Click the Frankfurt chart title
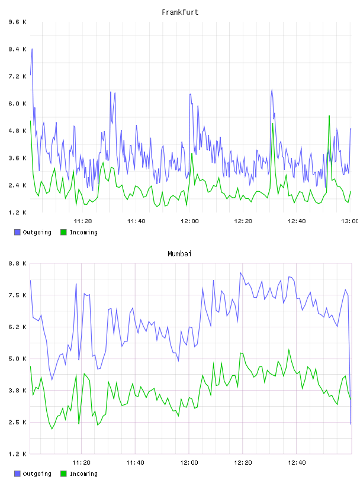pos(180,12)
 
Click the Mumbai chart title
pos(179,254)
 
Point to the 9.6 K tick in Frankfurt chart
pos(18,22)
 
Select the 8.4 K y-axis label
pos(18,49)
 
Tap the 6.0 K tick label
pos(18,104)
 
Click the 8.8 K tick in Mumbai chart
pos(18,263)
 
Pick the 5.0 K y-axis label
pos(18,359)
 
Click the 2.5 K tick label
pos(18,422)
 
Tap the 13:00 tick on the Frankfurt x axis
pos(350,221)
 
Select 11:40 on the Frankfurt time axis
pos(136,221)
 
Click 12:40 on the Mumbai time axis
pos(297,462)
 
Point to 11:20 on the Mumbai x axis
pos(81,462)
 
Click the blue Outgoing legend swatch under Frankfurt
pos(17,232)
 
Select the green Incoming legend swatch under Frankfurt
pos(63,232)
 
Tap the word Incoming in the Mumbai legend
pos(83,474)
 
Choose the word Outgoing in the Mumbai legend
pos(37,474)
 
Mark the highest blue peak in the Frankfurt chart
pos(32,49)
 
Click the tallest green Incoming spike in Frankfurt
pos(329,116)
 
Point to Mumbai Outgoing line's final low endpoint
pos(351,424)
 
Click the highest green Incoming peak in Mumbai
pos(289,349)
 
